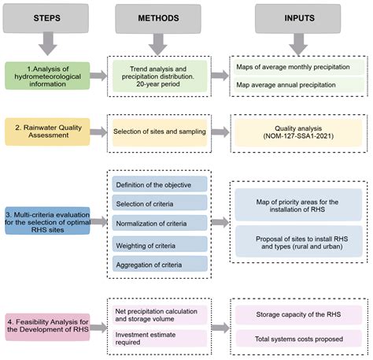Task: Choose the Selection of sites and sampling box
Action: point(159,129)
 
